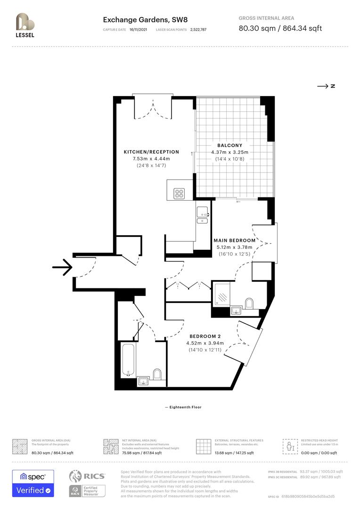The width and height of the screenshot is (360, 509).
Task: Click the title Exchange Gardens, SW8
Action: [x=136, y=20]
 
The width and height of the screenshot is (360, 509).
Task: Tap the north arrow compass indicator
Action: [x=326, y=86]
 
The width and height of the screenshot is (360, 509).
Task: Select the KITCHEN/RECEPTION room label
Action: [x=151, y=152]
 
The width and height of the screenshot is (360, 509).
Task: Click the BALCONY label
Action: [x=229, y=146]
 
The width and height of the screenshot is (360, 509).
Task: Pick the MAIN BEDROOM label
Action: [x=234, y=240]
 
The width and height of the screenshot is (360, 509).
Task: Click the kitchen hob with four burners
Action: [x=180, y=193]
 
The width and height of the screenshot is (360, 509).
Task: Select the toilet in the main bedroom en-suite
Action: [x=249, y=304]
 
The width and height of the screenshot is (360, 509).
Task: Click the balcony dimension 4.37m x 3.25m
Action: [x=229, y=152]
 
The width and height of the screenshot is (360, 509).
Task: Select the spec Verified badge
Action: [x=33, y=483]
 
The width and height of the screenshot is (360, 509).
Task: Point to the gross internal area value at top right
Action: [x=280, y=28]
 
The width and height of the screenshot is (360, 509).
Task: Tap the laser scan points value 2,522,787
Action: [x=198, y=29]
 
